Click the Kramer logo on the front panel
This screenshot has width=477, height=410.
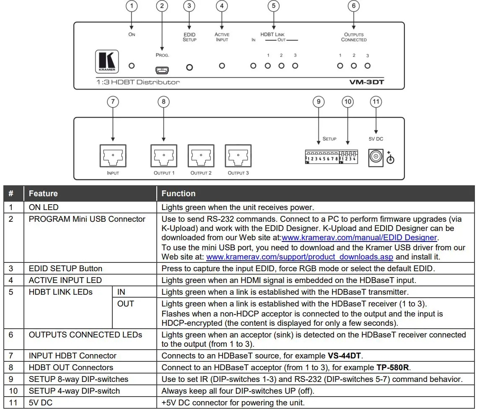(107, 61)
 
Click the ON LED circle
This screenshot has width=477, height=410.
(132, 66)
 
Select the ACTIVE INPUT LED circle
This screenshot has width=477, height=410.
(222, 66)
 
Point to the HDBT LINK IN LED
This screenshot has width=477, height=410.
(253, 66)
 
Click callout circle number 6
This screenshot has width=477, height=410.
(353, 6)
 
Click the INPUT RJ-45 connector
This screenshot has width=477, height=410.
(113, 156)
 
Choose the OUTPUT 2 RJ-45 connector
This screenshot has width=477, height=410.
(201, 156)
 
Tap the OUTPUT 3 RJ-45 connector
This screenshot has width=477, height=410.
(238, 156)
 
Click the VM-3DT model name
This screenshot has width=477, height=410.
(366, 82)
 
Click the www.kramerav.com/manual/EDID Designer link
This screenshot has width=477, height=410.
(360, 238)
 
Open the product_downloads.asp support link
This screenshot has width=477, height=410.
(300, 257)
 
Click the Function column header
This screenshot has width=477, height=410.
(179, 193)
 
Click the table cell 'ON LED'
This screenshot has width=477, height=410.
(44, 207)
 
